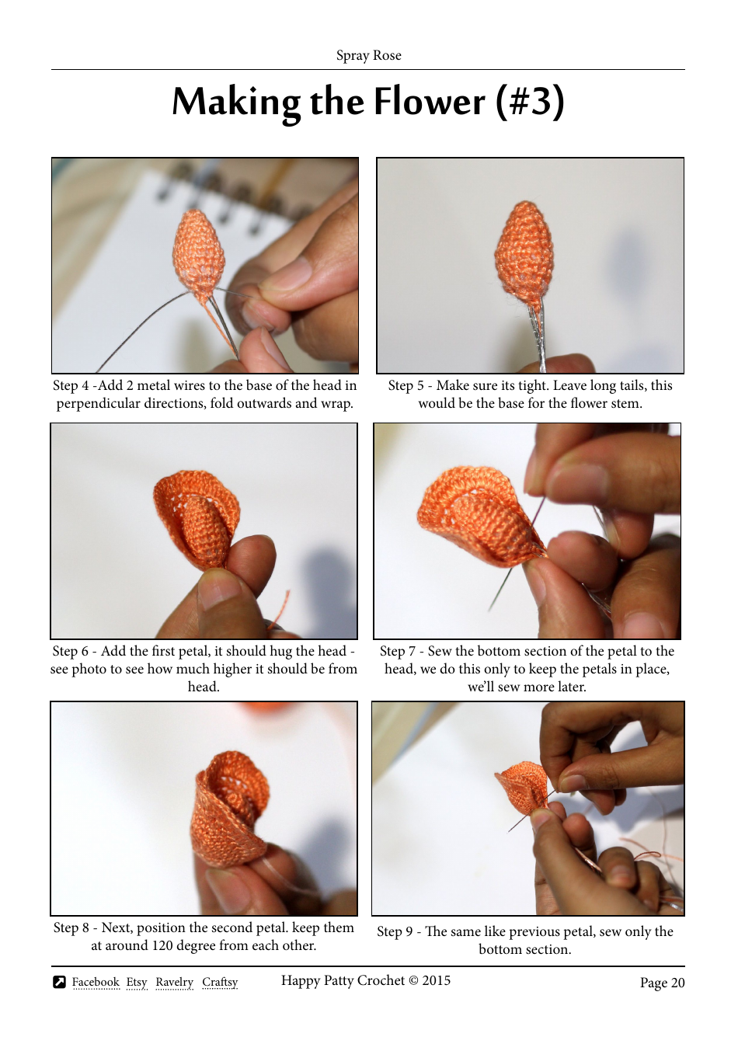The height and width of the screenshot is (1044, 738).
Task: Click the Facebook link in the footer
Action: point(96,982)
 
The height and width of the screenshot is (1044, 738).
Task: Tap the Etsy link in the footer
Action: point(137,982)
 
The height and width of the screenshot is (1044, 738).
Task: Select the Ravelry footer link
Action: point(174,982)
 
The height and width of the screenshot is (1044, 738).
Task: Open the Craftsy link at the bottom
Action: point(220,982)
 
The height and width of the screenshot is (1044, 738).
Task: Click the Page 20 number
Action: point(662,983)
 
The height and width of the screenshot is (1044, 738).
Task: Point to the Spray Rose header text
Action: point(368,55)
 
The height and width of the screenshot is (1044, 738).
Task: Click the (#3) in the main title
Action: point(530,102)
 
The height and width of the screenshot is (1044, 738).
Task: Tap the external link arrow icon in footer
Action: point(60,982)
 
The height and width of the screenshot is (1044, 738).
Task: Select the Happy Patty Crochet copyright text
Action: point(365,980)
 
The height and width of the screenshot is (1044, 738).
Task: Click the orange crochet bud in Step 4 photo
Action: point(198,250)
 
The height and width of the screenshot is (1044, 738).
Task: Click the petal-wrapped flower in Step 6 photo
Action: point(197,517)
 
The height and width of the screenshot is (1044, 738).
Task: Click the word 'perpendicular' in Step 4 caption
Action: point(96,403)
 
